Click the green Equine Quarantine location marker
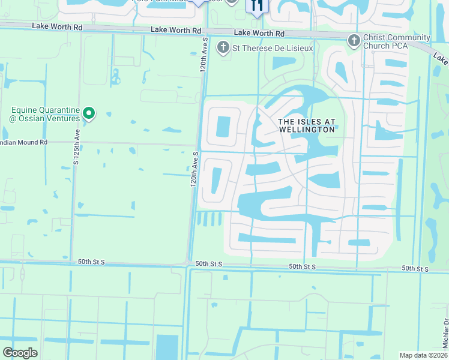pyautogui.click(x=89, y=113)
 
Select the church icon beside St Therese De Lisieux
pyautogui.click(x=223, y=47)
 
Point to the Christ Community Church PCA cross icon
pyautogui.click(x=354, y=40)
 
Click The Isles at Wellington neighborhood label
pyautogui.click(x=306, y=125)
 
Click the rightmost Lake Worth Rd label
pyautogui.click(x=259, y=32)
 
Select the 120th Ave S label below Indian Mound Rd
pyautogui.click(x=194, y=171)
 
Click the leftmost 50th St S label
pyautogui.click(x=91, y=262)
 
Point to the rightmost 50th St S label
pyautogui.click(x=415, y=268)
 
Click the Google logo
pyautogui.click(x=20, y=353)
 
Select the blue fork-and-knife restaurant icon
pyautogui.click(x=257, y=5)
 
